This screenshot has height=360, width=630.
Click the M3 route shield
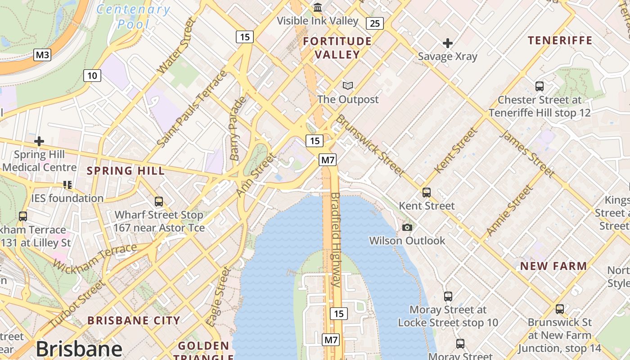tap(42, 55)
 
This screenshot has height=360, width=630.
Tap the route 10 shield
tap(92, 75)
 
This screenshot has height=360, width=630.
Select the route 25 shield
tap(374, 23)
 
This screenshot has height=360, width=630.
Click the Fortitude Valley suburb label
tap(337, 48)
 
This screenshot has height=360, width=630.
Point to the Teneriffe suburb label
tap(560, 40)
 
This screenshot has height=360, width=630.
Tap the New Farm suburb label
tap(553, 266)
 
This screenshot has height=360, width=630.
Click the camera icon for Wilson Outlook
tap(407, 227)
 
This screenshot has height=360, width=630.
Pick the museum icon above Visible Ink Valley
tap(318, 8)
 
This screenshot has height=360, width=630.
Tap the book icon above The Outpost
tap(348, 85)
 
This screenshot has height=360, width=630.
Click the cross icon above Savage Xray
tap(447, 43)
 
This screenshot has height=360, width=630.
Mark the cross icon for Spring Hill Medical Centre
tap(39, 141)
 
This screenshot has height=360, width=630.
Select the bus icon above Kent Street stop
tap(426, 193)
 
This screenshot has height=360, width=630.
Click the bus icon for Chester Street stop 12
tap(539, 86)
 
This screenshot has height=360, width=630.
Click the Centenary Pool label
tap(134, 16)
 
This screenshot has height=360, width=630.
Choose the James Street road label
tap(527, 153)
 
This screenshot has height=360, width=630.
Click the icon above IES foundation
tap(67, 184)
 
